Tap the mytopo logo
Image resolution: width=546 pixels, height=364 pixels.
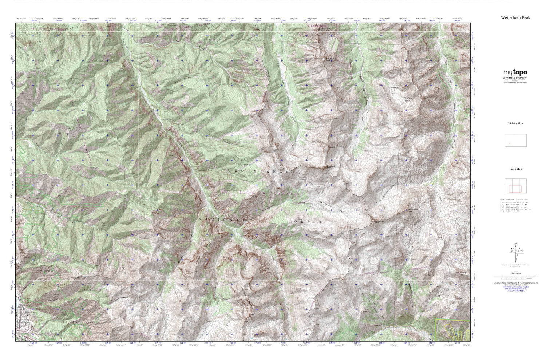pyautogui.click(x=515, y=72)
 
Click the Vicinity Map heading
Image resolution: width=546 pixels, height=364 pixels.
pyautogui.click(x=515, y=123)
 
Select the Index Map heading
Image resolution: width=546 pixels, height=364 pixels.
pyautogui.click(x=515, y=169)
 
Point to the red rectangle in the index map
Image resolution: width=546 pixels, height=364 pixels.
pyautogui.click(x=515, y=189)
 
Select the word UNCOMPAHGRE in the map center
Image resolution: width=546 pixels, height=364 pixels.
pyautogui.click(x=261, y=171)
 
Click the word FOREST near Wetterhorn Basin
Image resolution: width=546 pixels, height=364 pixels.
pyautogui.click(x=305, y=221)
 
